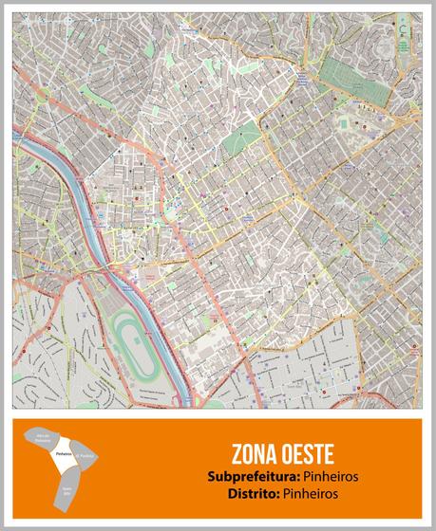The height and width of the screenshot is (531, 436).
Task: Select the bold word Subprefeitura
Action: [x=243, y=475]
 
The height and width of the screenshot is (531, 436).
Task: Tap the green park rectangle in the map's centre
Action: [x=242, y=141]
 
